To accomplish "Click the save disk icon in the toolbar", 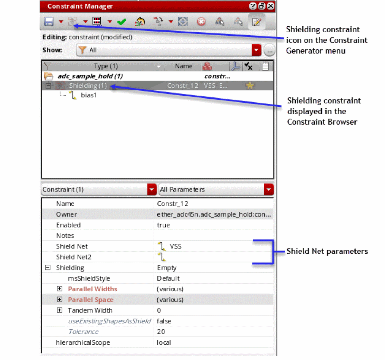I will (x=49, y=22).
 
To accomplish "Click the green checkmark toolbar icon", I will (x=122, y=22).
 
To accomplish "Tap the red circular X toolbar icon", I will (x=201, y=22).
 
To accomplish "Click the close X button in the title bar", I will (x=271, y=6).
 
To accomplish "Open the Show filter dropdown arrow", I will (x=257, y=50).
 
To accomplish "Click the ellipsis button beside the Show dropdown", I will (x=269, y=50).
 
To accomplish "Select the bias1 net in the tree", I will (x=89, y=95).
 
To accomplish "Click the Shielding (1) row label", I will (x=88, y=86).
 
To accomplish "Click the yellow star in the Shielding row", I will (x=250, y=86).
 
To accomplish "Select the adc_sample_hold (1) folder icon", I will (x=48, y=76).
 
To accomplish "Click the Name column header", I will (x=184, y=66).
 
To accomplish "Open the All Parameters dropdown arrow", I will (x=269, y=189).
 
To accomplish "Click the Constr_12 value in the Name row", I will (x=173, y=204).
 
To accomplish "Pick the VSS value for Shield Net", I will (x=176, y=246).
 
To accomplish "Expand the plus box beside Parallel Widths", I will (x=60, y=289).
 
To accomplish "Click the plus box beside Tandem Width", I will (x=60, y=310).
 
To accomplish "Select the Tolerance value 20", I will (x=161, y=332).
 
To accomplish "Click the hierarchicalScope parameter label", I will (x=83, y=342).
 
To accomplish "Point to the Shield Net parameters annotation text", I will (x=327, y=251).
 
